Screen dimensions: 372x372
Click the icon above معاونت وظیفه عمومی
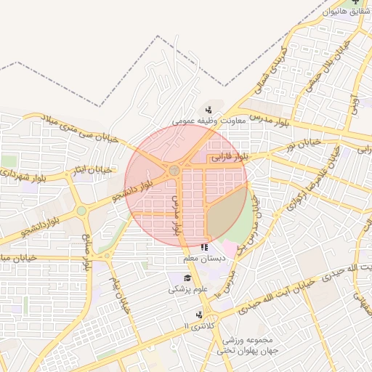point(209,110)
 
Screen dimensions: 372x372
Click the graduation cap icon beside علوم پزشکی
point(187,278)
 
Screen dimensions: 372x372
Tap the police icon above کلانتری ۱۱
point(199,314)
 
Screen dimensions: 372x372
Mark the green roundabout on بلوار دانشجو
point(81,211)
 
